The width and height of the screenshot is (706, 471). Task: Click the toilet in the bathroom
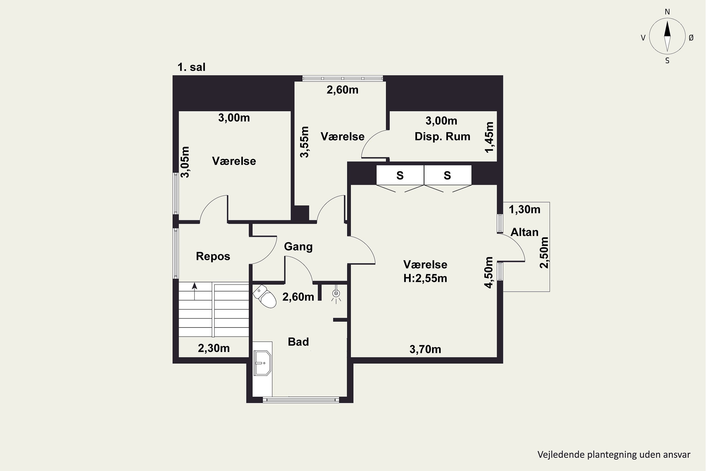coord(265,296)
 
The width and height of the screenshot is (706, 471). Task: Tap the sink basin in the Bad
coord(262,363)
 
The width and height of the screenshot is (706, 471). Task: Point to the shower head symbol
coord(336,294)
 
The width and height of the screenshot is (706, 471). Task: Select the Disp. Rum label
coord(442,137)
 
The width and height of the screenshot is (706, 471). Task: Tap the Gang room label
coord(298,247)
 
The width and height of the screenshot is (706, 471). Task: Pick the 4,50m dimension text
coord(489,272)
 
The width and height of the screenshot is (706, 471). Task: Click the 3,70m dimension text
coord(425,349)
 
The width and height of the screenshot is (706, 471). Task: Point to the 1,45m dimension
coord(489,137)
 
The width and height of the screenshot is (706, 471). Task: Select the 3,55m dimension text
coord(304,142)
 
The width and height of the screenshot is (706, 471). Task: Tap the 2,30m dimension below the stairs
coord(214,348)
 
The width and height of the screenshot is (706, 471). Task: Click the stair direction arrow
coord(195,291)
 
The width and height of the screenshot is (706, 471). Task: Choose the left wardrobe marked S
coord(400,175)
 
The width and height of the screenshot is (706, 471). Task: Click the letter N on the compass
coord(667,12)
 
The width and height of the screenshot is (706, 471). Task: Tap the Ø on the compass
coord(691,37)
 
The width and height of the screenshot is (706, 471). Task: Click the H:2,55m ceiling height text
coord(425,278)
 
